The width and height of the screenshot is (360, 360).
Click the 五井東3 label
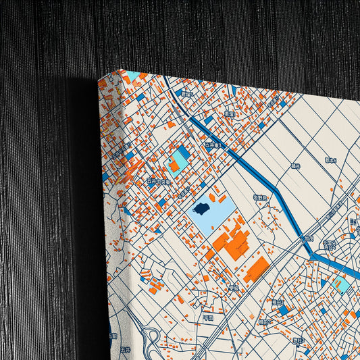pos(213,145)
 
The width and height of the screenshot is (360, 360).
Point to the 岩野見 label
pos(260,197)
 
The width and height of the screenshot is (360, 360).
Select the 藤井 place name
pos(295,165)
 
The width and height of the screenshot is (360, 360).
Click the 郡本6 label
pos(330,160)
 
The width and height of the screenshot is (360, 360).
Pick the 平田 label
pos(208,317)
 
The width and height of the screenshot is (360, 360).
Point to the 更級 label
pos(234,287)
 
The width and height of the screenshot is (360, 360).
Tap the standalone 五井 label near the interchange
pos(124,350)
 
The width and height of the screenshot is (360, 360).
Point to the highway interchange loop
pos(153,336)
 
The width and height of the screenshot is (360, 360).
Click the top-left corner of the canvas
pos(99,79)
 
